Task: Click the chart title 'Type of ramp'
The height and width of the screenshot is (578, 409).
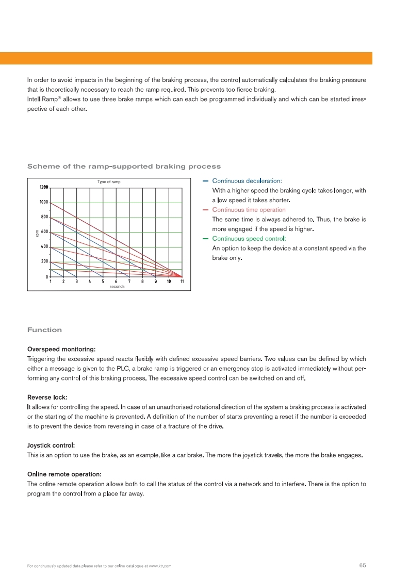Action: coord(109,182)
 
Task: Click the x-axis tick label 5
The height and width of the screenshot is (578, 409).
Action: coord(103,282)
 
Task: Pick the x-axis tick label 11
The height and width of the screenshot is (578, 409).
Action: coord(182,282)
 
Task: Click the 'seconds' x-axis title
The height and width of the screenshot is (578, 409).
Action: coord(117,287)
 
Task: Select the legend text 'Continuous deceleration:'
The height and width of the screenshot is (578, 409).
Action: coord(247,181)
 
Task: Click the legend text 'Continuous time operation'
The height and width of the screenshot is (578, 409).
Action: coord(249,210)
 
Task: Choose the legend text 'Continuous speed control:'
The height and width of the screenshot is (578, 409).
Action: coord(249,239)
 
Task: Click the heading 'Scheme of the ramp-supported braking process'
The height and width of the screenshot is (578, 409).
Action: coord(124,167)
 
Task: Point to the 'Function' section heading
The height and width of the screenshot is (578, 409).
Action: coord(44,330)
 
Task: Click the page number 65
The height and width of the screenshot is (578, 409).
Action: coord(362,566)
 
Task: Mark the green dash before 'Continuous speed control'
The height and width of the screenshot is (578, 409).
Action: coord(206,239)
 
